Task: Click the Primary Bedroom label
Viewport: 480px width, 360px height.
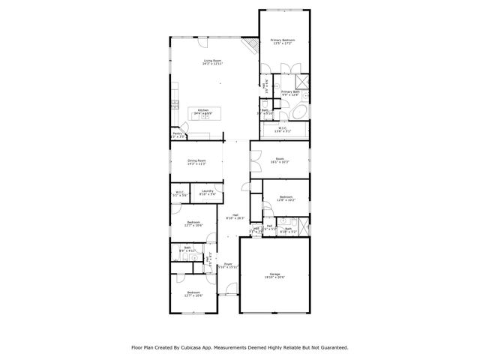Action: tap(283, 42)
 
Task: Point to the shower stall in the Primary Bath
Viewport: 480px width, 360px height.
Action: tap(302, 82)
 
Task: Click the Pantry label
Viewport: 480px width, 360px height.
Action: tap(177, 135)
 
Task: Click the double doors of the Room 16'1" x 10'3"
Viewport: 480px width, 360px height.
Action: tap(256, 158)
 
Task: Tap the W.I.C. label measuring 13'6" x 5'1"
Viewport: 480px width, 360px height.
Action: tap(282, 130)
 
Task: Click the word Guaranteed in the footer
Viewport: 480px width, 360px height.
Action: tap(331, 347)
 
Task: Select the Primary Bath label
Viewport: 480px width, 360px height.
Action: tap(289, 93)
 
